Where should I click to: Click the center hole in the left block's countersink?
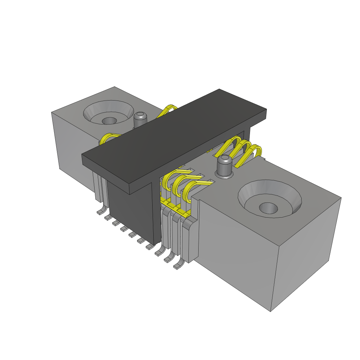click(x=110, y=121)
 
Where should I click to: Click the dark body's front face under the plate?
click(x=130, y=214)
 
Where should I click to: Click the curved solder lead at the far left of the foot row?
click(x=102, y=211)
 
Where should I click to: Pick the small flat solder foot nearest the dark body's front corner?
click(x=149, y=248)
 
